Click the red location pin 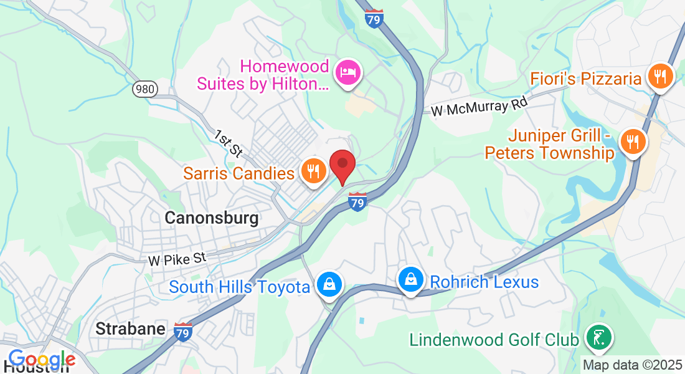[342, 165]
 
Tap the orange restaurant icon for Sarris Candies [312, 170]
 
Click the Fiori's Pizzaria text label [586, 79]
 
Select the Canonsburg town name [211, 218]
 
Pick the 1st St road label [228, 143]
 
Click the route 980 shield [144, 89]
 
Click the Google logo [41, 360]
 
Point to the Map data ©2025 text [632, 365]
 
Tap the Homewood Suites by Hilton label [262, 74]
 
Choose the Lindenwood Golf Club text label [494, 340]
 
